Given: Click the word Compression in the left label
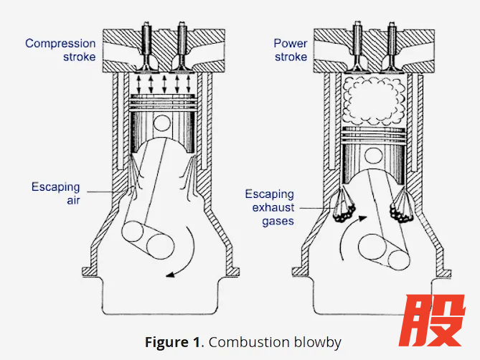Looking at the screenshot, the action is click(x=60, y=44).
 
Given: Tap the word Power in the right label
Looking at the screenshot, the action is click(x=290, y=44).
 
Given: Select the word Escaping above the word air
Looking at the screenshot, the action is click(x=55, y=187).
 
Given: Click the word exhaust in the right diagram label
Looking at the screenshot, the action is click(x=273, y=207).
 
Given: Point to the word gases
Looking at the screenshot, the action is click(x=278, y=222).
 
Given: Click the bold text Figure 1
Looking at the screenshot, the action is click(x=172, y=342).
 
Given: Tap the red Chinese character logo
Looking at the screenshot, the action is click(x=432, y=321).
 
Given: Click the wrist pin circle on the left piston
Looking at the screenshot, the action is click(x=162, y=123).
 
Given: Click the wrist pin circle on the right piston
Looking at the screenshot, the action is click(x=374, y=156).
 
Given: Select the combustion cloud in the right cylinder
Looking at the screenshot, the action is click(x=374, y=100).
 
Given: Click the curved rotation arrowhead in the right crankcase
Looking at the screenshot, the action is click(x=362, y=218).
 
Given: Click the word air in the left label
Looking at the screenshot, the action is click(x=73, y=201).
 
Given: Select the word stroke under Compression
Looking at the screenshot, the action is click(x=80, y=57).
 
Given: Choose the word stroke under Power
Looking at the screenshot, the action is click(x=291, y=57).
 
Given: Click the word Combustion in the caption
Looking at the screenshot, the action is click(x=249, y=342).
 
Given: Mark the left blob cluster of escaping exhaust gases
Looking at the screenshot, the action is click(x=344, y=212).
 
